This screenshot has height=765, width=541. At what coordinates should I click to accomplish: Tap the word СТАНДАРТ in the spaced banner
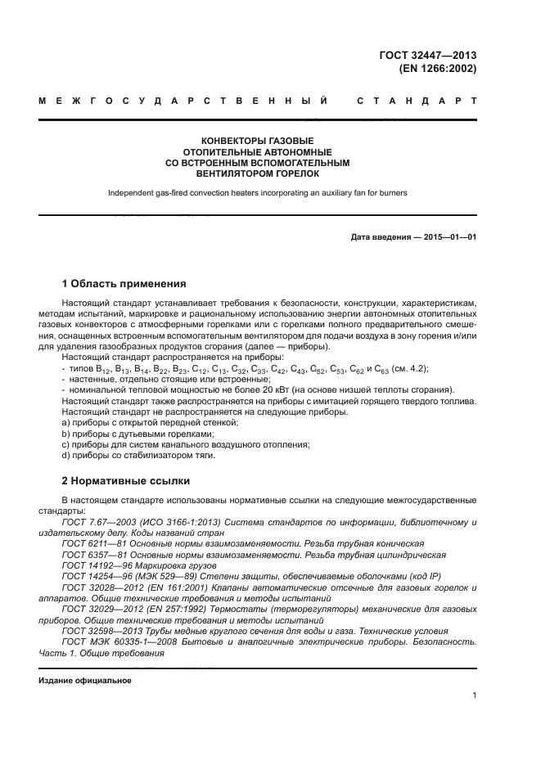(417, 101)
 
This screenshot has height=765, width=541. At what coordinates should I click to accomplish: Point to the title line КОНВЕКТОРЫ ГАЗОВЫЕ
(257, 141)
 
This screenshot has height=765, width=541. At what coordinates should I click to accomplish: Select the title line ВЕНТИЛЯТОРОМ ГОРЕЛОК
(257, 173)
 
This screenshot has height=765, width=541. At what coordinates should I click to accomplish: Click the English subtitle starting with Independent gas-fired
(257, 193)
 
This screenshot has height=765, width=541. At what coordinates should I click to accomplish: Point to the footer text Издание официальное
(85, 681)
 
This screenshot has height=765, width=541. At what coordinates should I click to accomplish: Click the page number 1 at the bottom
(474, 695)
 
